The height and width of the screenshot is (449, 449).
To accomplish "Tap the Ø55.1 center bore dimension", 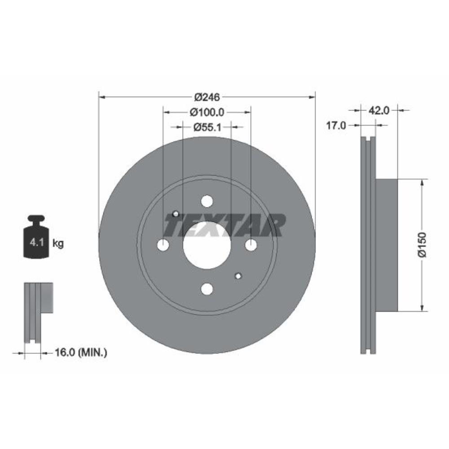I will pos(207,127).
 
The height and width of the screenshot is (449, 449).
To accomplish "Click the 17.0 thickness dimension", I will pos(335,126).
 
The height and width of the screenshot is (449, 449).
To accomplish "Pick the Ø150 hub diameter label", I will pos(422,245).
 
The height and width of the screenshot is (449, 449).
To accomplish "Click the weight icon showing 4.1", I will pos(36,238).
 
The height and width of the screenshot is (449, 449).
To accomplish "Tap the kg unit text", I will pos(58,243).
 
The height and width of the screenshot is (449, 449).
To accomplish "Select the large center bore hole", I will pos(207,245).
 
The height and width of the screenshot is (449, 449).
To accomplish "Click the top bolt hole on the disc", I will pos(207,201).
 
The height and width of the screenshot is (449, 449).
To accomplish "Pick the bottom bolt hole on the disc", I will pos(207,289).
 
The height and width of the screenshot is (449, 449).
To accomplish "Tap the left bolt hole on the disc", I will pos(163,245).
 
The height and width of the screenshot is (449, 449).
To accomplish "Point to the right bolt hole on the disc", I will pos(251,245).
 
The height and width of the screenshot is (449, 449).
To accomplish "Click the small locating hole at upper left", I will pos(176,214).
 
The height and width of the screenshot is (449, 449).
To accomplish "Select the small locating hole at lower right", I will pos(238,276).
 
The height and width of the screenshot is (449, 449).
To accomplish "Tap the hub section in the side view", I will pos(386,245).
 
